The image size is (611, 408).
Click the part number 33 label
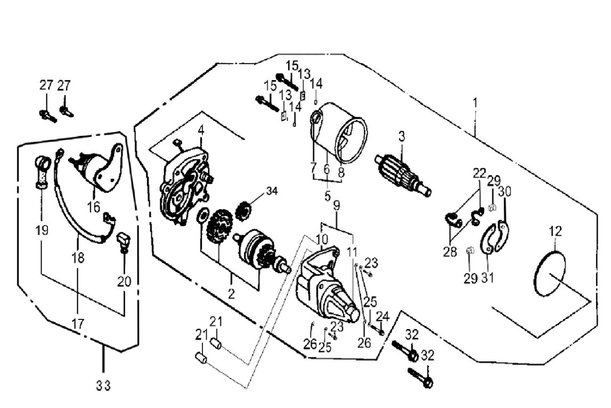coord(104,386)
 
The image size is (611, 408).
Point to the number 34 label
coord(272,191)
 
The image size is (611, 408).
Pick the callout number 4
coord(201,130)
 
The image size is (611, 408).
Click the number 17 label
coord(78,323)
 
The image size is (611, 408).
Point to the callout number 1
coord(476,101)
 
